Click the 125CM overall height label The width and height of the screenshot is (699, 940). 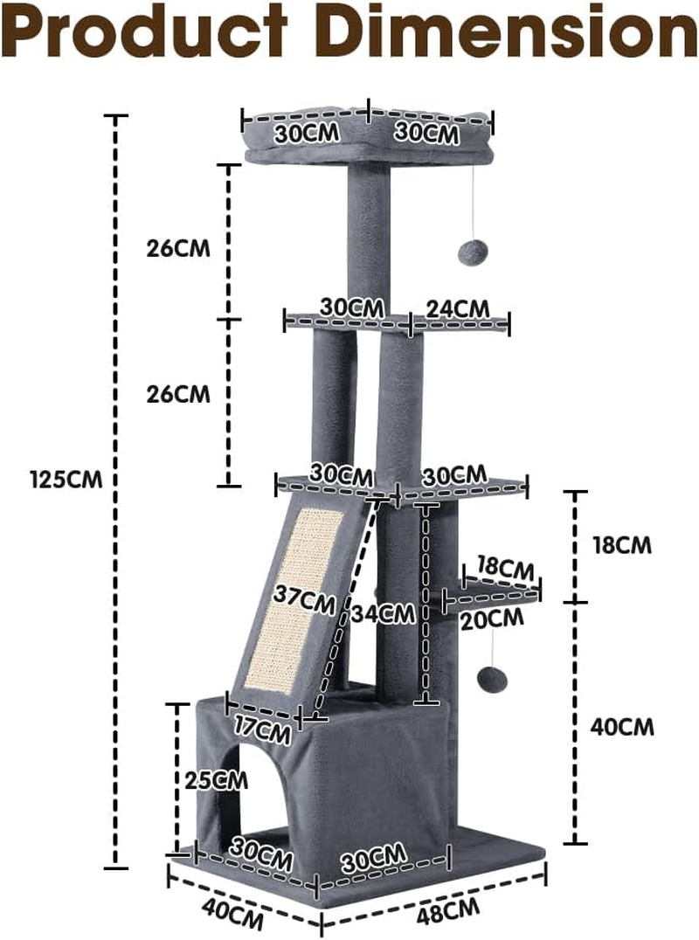point(66,480)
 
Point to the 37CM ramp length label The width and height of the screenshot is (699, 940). point(303,601)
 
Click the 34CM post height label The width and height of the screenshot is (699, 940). point(384,613)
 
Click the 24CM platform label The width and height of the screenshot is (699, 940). point(458,308)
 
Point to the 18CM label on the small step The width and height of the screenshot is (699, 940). point(505,568)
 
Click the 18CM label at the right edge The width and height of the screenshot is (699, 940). point(622,545)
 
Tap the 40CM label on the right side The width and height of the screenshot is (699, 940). point(622,726)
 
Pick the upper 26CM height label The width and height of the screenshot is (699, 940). point(178,247)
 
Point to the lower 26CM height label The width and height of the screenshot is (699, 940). point(178,393)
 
